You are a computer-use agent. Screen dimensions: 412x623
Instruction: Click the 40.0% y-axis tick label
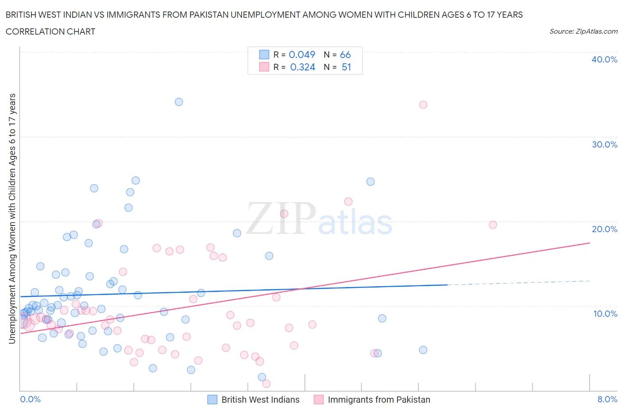coord(604,59)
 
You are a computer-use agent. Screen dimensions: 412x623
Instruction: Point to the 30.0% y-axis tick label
coord(604,144)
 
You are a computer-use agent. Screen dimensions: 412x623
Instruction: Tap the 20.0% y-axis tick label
coord(604,229)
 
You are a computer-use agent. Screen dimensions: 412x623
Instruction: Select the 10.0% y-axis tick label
coord(605,314)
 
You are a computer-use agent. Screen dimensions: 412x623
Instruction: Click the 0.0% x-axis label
coord(30,399)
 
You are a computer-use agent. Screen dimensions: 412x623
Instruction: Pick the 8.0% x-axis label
coord(607,399)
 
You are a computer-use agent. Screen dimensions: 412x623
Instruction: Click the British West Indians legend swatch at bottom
coord(212,400)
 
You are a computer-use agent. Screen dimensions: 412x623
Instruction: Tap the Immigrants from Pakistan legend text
coord(378,400)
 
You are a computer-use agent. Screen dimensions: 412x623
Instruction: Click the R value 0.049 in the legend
coord(302,54)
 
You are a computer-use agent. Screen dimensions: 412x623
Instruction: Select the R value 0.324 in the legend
coord(302,67)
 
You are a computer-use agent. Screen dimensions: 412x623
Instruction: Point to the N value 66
coord(345,54)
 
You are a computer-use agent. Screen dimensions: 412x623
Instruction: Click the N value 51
coord(346,67)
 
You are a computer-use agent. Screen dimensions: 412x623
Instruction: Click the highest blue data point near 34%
coord(179,102)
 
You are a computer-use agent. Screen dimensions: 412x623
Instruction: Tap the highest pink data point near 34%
coord(423,105)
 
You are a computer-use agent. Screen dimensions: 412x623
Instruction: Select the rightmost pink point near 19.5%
coord(493,225)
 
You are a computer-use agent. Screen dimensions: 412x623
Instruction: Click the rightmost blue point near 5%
coord(423,350)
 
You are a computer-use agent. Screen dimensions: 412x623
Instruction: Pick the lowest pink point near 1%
coord(266,384)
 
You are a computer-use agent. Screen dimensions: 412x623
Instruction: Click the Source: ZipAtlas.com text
coord(583,31)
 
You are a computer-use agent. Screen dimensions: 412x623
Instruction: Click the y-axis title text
coord(12,218)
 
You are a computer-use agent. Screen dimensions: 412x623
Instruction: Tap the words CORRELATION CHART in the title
coord(51,31)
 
